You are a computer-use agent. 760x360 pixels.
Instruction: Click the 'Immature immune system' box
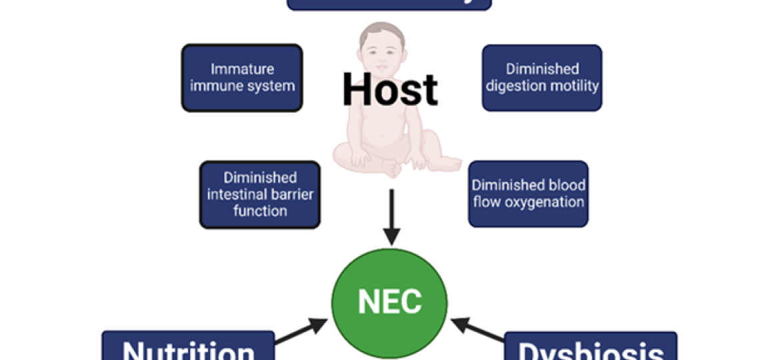tap(242, 78)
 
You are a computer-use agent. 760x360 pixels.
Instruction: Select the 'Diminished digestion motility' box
tap(542, 78)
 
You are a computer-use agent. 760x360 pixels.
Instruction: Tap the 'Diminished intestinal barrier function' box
tap(260, 194)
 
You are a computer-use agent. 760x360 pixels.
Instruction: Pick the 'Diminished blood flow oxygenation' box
tap(529, 193)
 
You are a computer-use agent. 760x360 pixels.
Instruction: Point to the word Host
tap(390, 90)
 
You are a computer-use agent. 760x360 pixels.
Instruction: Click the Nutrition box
tap(188, 348)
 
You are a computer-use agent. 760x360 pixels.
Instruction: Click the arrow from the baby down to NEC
tap(392, 217)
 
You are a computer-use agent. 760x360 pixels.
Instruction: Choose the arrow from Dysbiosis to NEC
tap(478, 330)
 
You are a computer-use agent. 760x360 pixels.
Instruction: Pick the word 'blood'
tap(563, 185)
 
